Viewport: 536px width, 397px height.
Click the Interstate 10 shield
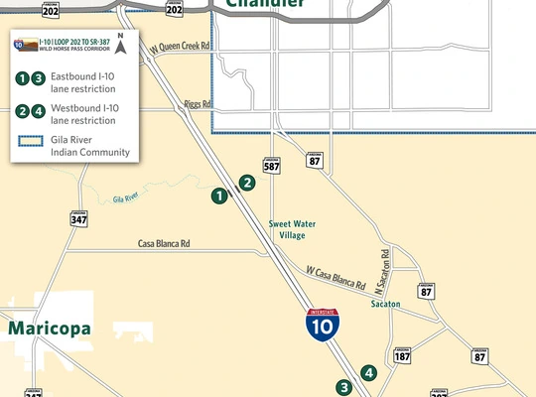[322, 325]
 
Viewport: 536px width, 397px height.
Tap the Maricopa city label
[50, 328]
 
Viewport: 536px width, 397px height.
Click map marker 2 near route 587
[246, 183]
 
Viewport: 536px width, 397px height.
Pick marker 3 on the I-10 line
[343, 387]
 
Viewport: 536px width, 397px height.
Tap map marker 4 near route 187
[369, 373]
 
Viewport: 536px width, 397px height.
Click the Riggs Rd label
[198, 104]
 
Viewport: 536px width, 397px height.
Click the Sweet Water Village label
[293, 229]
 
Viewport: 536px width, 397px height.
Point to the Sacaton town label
[385, 304]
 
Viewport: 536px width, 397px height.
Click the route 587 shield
[272, 165]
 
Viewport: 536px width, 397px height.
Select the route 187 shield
[402, 354]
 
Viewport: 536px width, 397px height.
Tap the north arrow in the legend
[120, 43]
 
